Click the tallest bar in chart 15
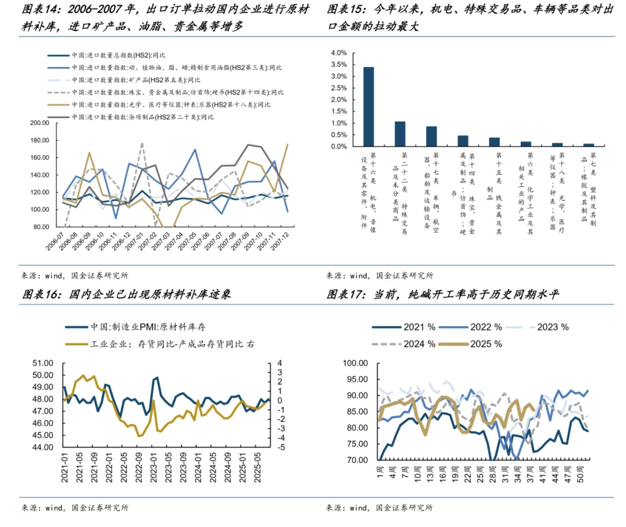click(368, 106)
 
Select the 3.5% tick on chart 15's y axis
click(339, 65)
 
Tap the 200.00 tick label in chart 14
click(39, 123)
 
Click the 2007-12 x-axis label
click(280, 241)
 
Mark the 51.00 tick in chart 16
click(43, 363)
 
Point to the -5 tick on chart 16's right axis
click(281, 447)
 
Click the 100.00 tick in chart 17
click(355, 363)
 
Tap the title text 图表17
click(345, 295)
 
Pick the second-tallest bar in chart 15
click(400, 133)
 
